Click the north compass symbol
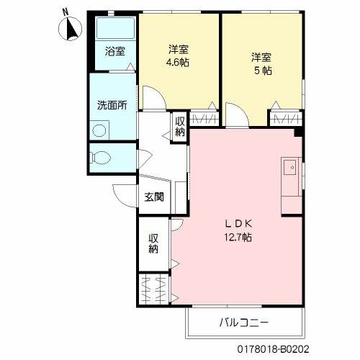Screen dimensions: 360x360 [x=70, y=28]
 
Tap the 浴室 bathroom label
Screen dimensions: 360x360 [x=115, y=51]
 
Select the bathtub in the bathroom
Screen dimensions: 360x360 [x=115, y=28]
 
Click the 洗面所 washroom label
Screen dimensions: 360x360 [x=112, y=105]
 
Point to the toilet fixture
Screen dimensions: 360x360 [x=100, y=158]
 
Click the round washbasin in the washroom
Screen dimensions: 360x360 [x=99, y=130]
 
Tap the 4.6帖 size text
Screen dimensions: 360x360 [x=178, y=63]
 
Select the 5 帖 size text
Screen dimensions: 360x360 [x=263, y=71]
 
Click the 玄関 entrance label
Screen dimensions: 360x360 [x=154, y=197]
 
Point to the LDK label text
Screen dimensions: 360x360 [x=238, y=224]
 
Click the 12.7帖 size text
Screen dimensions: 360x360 [x=238, y=238]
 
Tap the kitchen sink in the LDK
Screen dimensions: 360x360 [x=290, y=167]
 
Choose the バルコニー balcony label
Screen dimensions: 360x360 [x=243, y=323]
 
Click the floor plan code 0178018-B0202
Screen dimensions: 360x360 [x=274, y=349]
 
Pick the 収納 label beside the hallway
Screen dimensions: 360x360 [x=180, y=127]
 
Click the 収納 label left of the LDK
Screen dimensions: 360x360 [x=153, y=243]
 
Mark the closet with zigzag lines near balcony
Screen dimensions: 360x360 [x=154, y=289]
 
